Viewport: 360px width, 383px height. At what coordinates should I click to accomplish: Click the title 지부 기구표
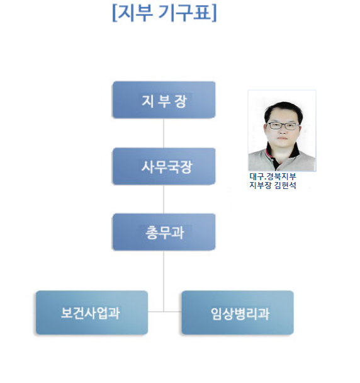[x=164, y=13]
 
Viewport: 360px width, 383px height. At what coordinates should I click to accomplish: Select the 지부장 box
[x=164, y=100]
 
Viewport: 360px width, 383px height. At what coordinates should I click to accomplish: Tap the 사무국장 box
[x=164, y=166]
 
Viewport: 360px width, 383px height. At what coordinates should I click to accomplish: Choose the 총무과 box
[x=164, y=232]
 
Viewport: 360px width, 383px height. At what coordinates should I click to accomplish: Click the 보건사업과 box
[x=92, y=312]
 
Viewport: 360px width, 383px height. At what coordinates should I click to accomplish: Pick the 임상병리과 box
[x=237, y=312]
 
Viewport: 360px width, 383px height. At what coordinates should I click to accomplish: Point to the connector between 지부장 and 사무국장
[x=164, y=133]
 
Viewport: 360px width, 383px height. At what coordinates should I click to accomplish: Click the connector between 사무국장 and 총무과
[x=164, y=199]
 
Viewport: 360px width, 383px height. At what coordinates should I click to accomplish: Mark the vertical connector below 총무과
[x=164, y=281]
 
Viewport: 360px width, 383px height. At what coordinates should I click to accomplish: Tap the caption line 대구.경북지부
[x=273, y=176]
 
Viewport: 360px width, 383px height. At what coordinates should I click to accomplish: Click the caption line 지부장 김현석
[x=273, y=185]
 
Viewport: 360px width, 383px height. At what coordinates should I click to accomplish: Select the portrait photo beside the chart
[x=282, y=130]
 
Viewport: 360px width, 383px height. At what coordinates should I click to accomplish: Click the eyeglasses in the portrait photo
[x=283, y=126]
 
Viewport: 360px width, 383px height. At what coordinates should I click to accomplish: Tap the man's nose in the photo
[x=283, y=131]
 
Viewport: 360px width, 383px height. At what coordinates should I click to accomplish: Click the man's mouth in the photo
[x=283, y=139]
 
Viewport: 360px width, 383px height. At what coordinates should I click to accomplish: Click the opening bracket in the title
[x=114, y=13]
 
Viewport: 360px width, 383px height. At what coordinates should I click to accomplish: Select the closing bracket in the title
[x=214, y=13]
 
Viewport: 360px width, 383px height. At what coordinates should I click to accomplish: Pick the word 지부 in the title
[x=135, y=13]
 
